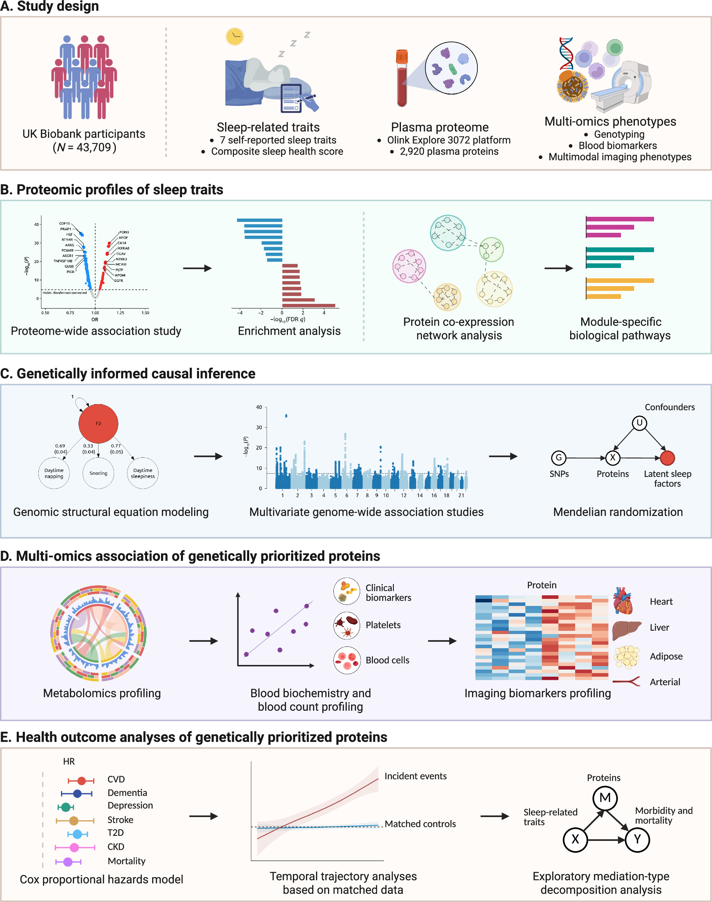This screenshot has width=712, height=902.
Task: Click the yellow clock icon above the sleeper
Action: (235, 37)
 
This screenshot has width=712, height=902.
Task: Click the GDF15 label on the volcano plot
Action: (65, 224)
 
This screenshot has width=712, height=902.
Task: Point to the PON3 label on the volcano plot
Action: (124, 232)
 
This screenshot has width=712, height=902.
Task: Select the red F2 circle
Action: (98, 424)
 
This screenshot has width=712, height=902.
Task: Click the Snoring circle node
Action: (98, 473)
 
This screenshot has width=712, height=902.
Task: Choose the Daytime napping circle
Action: (54, 473)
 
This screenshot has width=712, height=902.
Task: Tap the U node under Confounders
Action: (639, 423)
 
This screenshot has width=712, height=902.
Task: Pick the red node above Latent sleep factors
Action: (668, 458)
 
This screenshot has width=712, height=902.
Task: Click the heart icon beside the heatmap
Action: (623, 601)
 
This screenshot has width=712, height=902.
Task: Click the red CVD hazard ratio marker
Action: (81, 781)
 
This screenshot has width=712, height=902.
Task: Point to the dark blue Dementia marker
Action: (77, 794)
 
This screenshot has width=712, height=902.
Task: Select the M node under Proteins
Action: (605, 798)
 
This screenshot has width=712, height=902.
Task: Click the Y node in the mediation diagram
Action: (637, 839)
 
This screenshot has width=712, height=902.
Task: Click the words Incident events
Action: (415, 776)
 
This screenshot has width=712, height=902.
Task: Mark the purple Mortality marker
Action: (68, 861)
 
